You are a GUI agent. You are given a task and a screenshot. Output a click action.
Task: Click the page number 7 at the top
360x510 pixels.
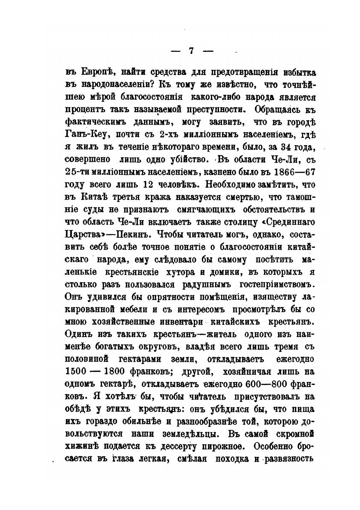point(192,51)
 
